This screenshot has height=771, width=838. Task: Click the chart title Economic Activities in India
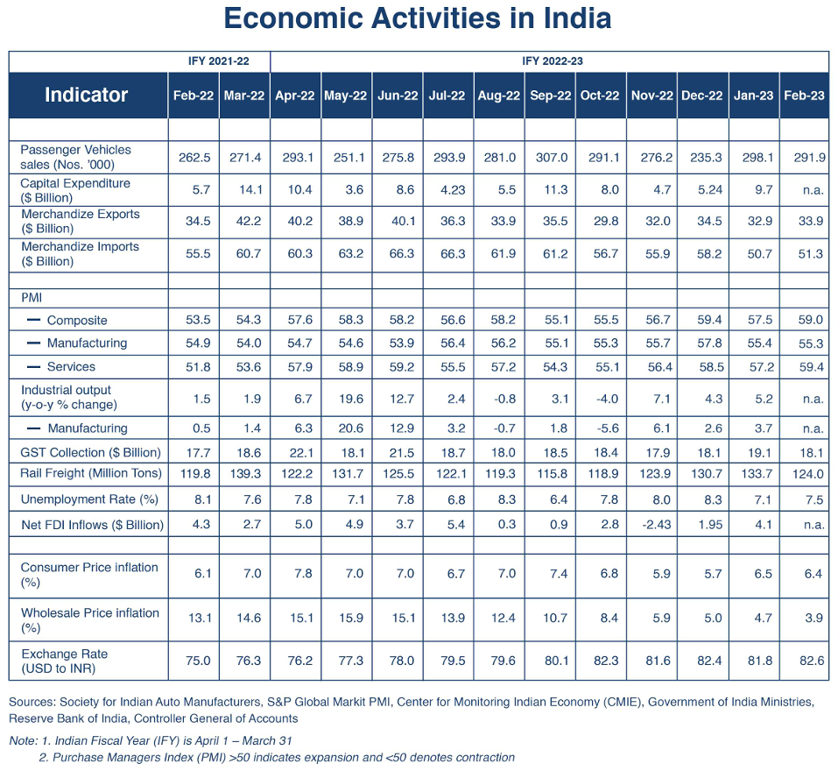418,18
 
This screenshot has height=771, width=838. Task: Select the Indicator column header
86,95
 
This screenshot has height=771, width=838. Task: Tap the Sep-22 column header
550,95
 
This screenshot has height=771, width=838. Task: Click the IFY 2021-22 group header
219,61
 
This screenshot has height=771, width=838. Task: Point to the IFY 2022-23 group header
553,61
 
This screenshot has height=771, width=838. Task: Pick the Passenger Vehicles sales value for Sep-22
552,158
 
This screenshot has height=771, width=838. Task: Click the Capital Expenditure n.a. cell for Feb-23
813,190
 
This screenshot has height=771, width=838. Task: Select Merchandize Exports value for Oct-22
606,221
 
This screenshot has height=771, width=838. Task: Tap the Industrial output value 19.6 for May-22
350,399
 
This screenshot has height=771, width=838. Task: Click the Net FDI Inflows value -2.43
656,525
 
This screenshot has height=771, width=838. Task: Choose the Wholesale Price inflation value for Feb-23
813,618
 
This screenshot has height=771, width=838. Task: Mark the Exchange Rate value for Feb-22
198,661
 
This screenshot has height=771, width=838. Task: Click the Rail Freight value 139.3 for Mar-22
245,474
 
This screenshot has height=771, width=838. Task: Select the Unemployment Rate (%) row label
89,499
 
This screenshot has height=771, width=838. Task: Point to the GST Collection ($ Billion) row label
90,453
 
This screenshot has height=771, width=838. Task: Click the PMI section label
32,298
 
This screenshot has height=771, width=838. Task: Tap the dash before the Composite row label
33,320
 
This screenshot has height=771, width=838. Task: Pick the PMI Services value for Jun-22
401,367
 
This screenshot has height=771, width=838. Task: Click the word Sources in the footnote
32,702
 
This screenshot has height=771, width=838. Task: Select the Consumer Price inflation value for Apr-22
303,574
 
